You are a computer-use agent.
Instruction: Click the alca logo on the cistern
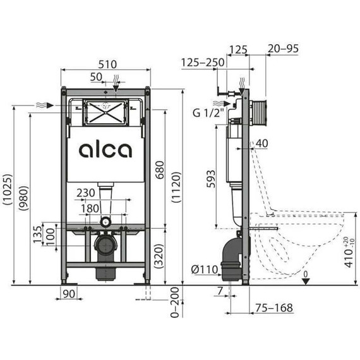pyautogui.click(x=105, y=150)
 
